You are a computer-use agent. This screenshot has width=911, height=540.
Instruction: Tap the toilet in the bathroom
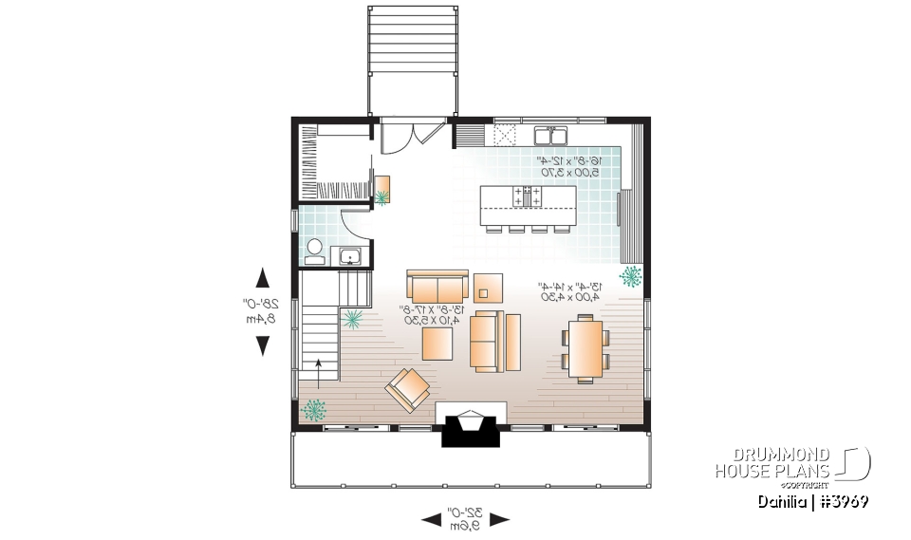(314, 251)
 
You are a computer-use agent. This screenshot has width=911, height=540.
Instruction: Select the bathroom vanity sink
(348, 255)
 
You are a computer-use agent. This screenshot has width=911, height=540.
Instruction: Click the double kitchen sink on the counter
(549, 135)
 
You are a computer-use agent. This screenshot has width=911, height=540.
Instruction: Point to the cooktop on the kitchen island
(528, 196)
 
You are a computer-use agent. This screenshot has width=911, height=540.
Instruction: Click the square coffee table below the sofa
(437, 343)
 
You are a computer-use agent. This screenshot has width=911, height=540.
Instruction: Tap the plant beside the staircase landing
(353, 319)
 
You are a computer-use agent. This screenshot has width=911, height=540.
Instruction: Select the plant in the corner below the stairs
(314, 410)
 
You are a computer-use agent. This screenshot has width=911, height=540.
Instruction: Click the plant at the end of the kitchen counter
(630, 276)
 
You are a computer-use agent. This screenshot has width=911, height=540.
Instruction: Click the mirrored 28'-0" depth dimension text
(254, 311)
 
